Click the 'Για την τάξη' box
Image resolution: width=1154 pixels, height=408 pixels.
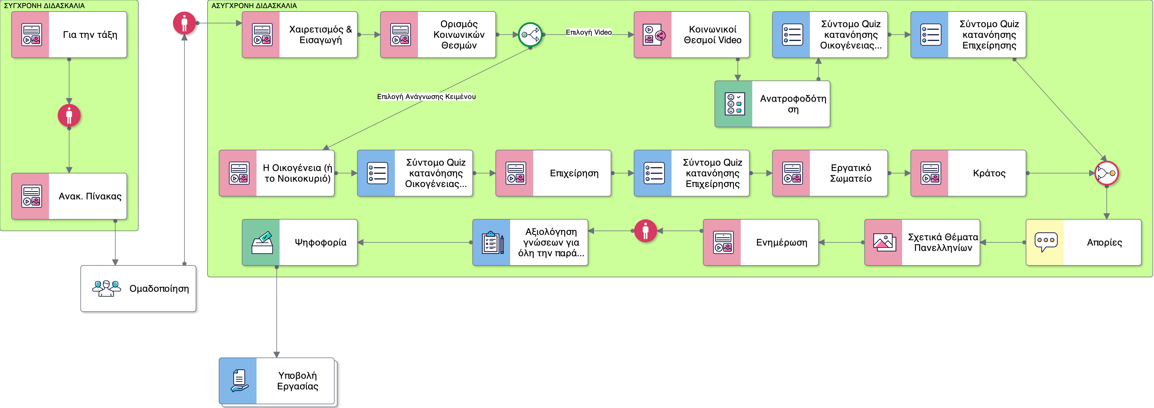[69, 34]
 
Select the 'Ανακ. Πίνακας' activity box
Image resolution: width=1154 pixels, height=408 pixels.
[69, 196]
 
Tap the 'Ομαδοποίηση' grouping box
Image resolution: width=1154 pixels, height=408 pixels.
[138, 288]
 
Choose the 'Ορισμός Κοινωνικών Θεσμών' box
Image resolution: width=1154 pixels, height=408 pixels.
[438, 34]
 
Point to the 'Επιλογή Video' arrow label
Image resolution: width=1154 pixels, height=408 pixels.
[589, 32]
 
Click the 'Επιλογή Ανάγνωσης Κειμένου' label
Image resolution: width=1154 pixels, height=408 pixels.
[426, 96]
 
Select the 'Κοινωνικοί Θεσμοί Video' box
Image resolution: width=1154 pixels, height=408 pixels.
[691, 34]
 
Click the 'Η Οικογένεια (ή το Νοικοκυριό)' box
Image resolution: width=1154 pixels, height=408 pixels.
[276, 173]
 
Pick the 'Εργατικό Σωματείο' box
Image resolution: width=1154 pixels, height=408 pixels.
[830, 173]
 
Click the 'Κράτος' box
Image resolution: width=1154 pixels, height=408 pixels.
[968, 173]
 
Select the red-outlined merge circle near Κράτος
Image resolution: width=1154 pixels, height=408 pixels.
[1106, 173]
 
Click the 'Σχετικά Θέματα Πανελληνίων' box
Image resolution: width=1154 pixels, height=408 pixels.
[922, 242]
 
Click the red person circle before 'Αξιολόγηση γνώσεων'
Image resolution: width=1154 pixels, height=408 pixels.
[646, 231]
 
